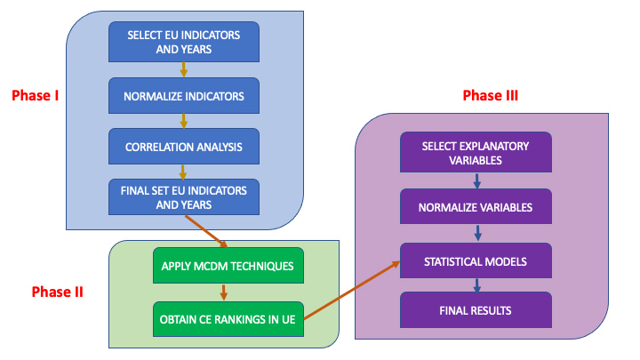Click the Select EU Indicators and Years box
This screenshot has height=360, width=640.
point(184,42)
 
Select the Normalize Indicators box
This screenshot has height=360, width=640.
point(184,96)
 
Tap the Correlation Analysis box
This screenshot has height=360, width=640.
point(184,147)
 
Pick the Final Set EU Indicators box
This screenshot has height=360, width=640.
point(184,197)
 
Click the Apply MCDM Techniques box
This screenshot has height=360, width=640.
point(228,266)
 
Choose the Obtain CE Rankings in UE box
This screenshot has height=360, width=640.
point(228,319)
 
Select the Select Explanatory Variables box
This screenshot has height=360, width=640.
point(476,152)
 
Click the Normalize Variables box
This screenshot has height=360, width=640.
point(476,206)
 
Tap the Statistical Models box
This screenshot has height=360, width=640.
point(476,260)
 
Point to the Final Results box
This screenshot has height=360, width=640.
point(476,310)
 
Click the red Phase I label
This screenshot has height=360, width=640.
point(35,95)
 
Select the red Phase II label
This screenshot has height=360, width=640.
point(58,292)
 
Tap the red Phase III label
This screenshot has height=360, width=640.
point(490,95)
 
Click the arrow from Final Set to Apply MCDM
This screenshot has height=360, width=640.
point(206,231)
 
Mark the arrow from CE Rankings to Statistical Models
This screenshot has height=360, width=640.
point(352,290)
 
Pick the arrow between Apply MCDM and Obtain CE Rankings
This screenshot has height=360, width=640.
point(223,292)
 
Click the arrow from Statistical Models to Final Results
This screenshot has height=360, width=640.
point(476,285)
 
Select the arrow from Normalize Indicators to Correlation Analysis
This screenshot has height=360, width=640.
point(184,121)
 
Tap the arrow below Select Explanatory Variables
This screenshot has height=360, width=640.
point(476,180)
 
